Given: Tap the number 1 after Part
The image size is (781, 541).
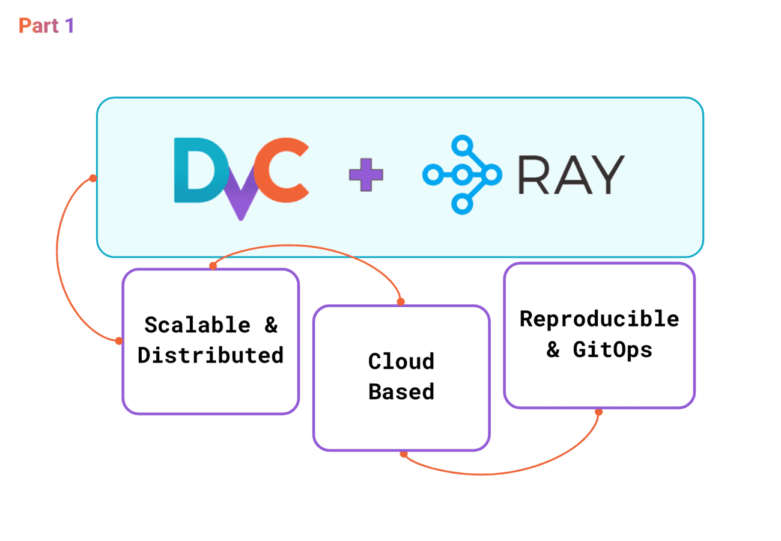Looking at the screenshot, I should (68, 26).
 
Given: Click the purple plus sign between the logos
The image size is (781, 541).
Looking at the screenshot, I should (366, 175).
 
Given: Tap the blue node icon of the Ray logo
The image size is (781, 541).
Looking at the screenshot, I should (461, 175).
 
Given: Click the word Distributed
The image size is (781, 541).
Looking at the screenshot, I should (210, 355).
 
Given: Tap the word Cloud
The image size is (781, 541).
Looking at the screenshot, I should (401, 362).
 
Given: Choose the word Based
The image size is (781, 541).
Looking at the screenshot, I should (401, 391).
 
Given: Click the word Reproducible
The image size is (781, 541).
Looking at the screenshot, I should (599, 319).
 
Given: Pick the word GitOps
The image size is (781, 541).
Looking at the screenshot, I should (613, 349).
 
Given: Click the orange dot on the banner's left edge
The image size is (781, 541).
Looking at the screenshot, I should (93, 178).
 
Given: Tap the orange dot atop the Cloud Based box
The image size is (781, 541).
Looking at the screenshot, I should (401, 302).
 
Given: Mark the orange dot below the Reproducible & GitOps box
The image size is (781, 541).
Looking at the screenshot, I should (598, 412).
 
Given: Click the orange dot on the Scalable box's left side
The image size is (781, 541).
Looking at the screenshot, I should (119, 341).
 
